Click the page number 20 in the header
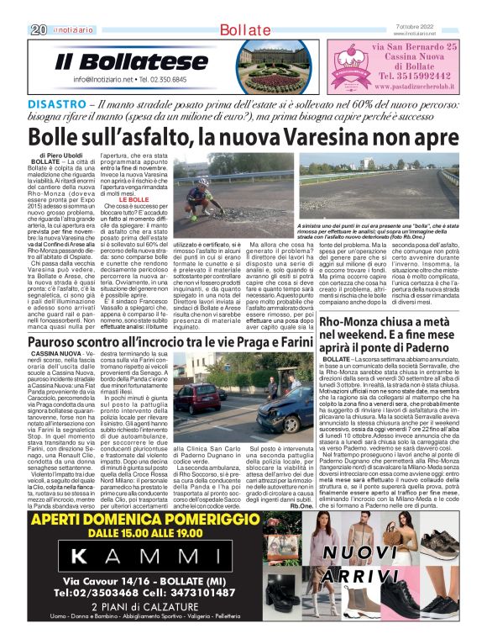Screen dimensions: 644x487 (x=14, y=29)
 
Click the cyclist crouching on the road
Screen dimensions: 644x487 (x=199, y=199)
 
